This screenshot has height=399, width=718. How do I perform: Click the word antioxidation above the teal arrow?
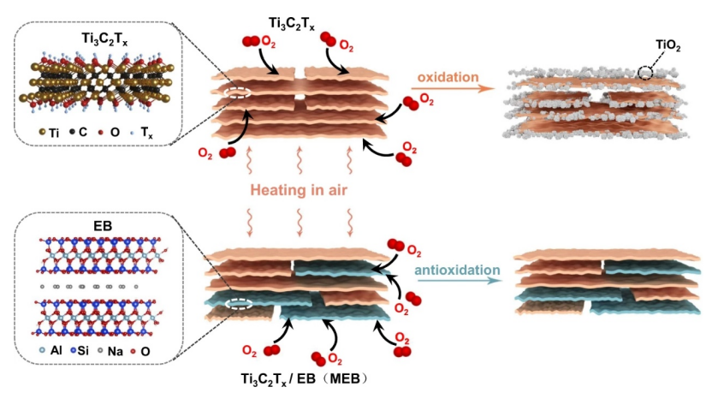pyautogui.click(x=458, y=271)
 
